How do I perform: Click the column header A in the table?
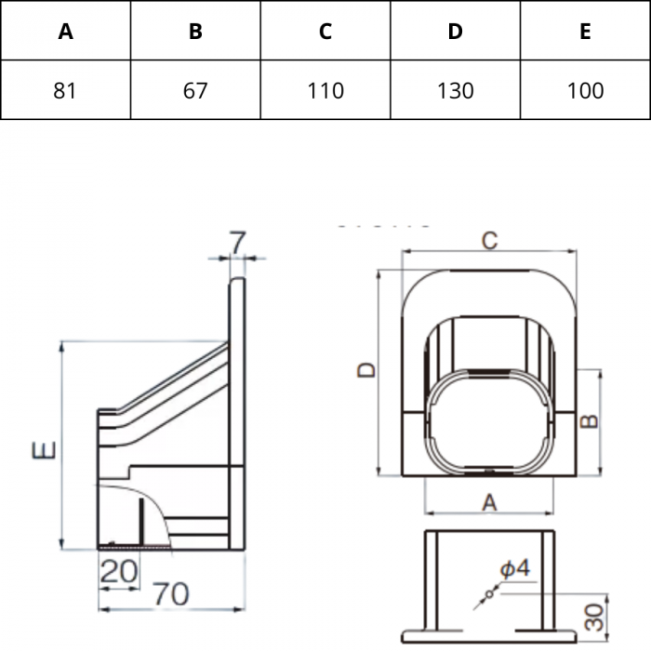tap(65, 31)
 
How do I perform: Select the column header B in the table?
tap(195, 31)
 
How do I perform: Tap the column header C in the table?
tap(325, 31)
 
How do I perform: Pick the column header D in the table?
tap(455, 31)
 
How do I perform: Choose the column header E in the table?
tap(585, 31)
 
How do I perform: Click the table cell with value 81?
tap(65, 90)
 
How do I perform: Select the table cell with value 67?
tap(195, 90)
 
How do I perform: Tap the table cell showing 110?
tap(325, 90)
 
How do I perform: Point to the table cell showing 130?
tap(455, 90)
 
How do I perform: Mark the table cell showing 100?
tap(585, 90)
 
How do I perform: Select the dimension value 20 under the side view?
tap(119, 572)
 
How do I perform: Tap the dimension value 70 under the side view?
tap(170, 594)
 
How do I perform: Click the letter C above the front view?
tap(489, 240)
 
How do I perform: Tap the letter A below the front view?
tap(489, 502)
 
